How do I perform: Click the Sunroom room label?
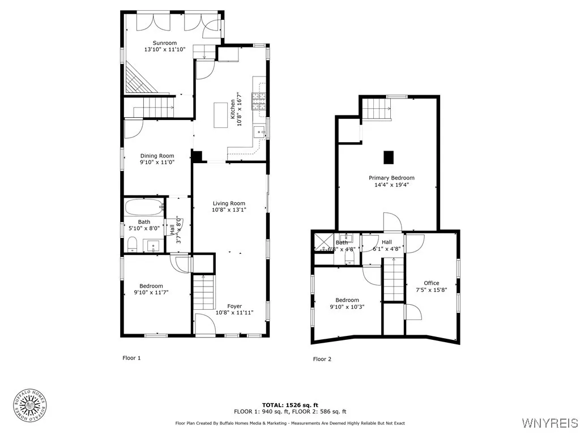tap(165, 43)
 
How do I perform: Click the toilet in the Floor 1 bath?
tap(132, 244)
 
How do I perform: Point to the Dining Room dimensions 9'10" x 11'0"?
tap(157, 162)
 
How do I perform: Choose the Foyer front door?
tap(204, 324)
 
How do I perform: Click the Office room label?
tap(431, 283)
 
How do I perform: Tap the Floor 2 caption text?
tap(323, 359)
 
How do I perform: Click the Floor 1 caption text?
tap(131, 358)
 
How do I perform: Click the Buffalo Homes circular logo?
tap(29, 405)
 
